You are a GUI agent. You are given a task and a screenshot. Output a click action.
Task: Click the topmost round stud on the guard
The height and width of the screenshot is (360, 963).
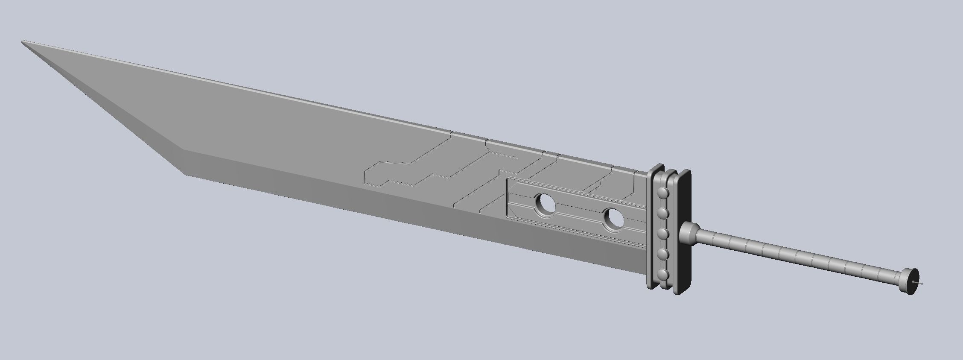(x=663, y=193)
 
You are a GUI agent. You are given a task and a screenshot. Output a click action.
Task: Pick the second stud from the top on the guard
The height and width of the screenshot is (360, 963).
(x=663, y=213)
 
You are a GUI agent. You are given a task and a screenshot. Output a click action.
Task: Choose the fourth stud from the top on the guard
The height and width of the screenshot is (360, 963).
(x=663, y=254)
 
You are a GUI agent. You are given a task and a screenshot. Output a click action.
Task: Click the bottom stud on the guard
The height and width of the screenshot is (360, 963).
(x=663, y=274)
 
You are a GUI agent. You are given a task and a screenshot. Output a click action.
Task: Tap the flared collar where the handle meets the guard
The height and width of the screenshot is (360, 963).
(x=688, y=234)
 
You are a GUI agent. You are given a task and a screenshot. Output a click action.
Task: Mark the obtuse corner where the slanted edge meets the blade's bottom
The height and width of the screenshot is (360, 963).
(x=184, y=150)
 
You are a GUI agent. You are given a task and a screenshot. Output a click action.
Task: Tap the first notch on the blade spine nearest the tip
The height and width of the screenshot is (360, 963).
(x=452, y=133)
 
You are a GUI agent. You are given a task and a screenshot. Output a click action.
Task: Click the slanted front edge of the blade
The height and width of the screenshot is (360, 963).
(x=102, y=96)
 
